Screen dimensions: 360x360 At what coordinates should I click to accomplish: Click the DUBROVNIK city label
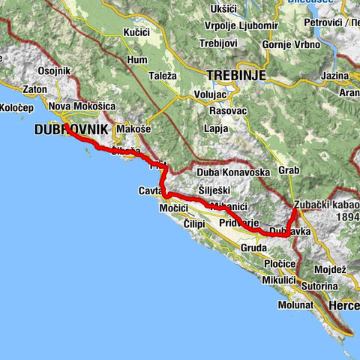[71, 129]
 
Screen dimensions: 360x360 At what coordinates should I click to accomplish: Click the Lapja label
[216, 127]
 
